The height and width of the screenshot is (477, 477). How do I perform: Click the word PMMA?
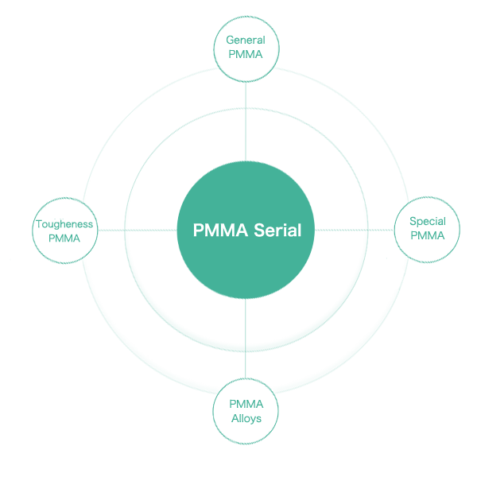[219, 231]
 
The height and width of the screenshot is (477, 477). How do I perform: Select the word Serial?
[277, 231]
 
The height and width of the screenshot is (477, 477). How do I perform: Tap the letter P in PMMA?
[198, 231]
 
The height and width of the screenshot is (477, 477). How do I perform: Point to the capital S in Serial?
[258, 231]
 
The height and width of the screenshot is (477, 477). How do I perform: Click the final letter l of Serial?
[299, 231]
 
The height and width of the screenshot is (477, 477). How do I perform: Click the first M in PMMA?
[211, 231]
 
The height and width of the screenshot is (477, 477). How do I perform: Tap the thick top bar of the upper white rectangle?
[244, 32]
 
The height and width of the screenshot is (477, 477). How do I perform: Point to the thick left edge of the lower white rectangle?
[225, 412]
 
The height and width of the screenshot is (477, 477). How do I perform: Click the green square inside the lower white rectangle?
[247, 412]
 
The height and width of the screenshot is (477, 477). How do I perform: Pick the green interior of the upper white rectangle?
[246, 47]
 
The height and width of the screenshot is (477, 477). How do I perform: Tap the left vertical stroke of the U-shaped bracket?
[406, 231]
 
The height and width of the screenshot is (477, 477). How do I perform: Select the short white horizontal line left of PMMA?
[65, 242]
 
